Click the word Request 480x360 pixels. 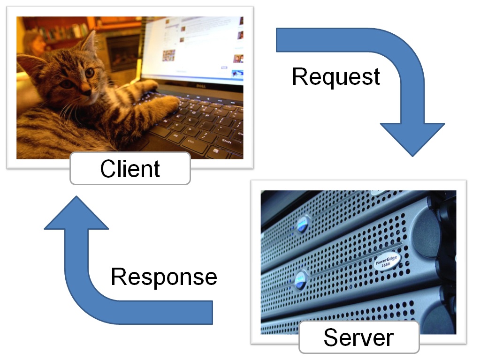coord(336,76)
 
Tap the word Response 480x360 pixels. coord(164,277)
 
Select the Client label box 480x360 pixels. coord(130,168)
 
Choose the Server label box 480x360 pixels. coord(358,337)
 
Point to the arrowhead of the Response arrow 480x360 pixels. coord(76,214)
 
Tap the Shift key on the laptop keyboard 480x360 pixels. coord(227,141)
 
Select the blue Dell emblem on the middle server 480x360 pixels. coord(299,280)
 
